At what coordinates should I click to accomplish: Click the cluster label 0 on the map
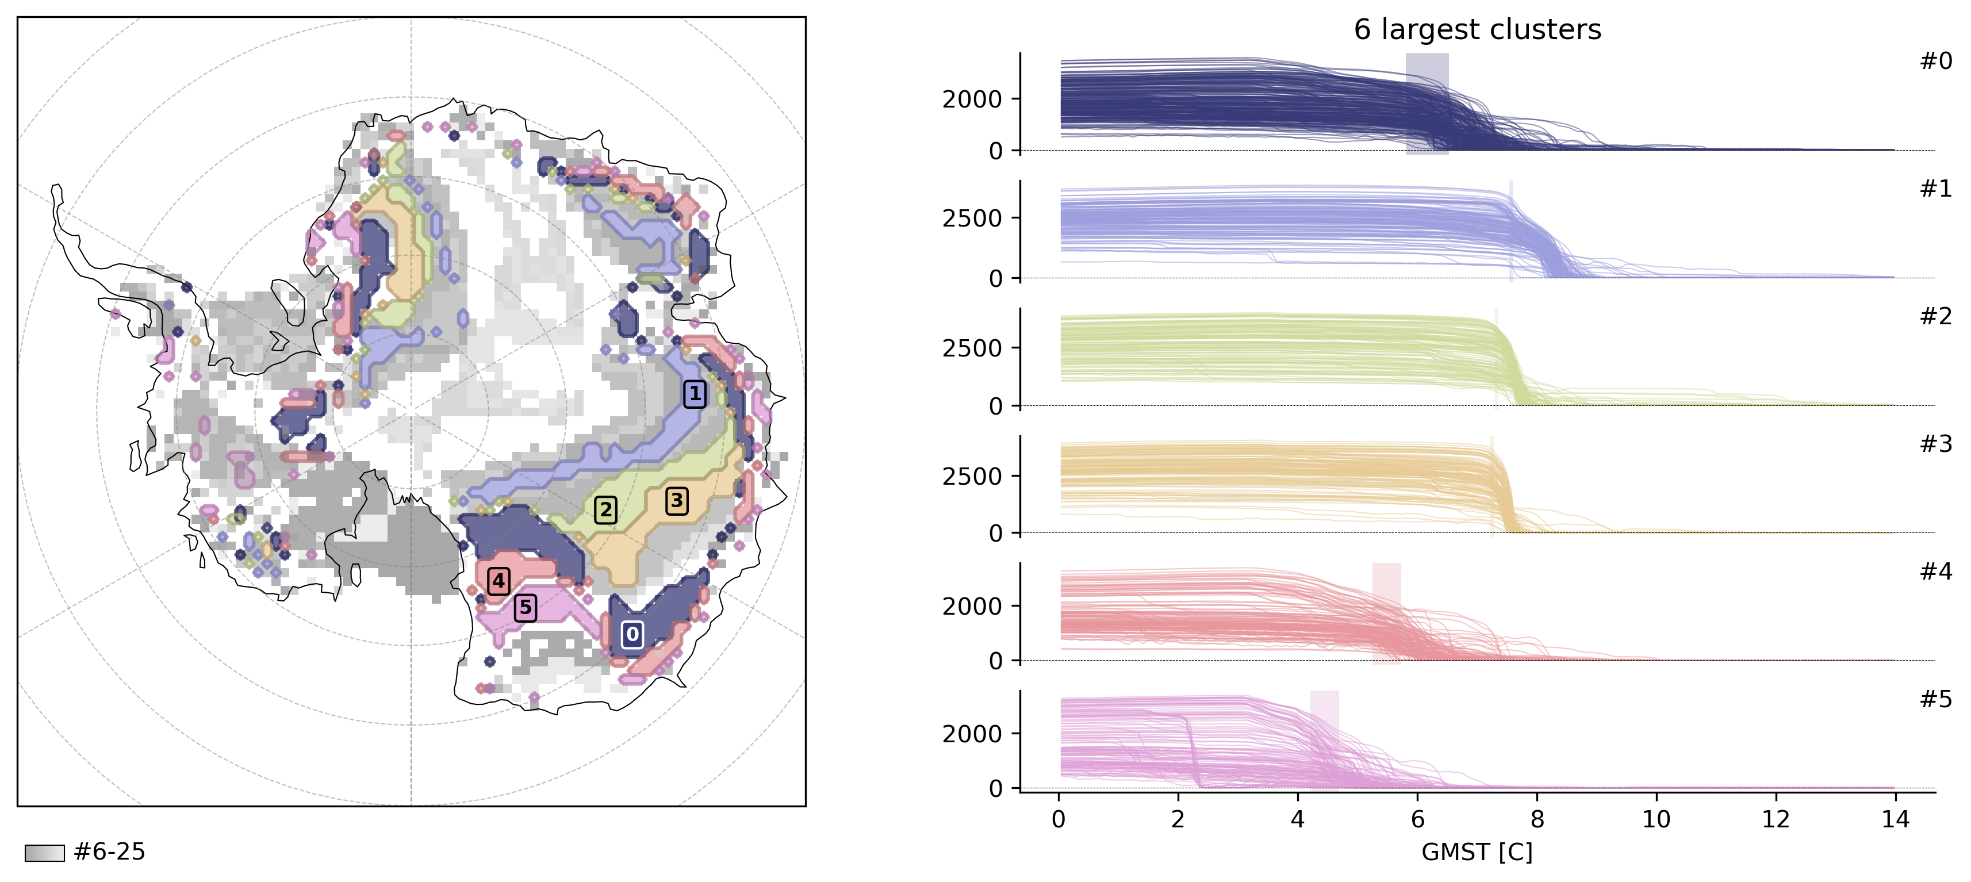(632, 634)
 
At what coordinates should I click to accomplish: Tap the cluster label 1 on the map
(694, 394)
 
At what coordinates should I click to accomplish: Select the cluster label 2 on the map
(606, 509)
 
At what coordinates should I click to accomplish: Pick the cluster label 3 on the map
(676, 501)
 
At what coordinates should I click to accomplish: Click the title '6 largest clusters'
(1477, 30)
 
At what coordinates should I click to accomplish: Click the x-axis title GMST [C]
(1477, 852)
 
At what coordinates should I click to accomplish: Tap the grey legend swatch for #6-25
(44, 853)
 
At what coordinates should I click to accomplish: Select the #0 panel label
(1936, 61)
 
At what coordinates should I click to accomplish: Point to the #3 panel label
(1936, 444)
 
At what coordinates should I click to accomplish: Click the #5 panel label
(1936, 699)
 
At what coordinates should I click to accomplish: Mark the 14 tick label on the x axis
(1895, 819)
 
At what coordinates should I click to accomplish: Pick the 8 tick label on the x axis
(1536, 819)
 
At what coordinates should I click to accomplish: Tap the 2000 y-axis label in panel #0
(972, 99)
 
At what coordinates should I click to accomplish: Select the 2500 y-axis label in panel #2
(972, 348)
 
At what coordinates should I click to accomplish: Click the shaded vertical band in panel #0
(1427, 103)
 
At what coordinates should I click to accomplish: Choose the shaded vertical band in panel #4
(1386, 612)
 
